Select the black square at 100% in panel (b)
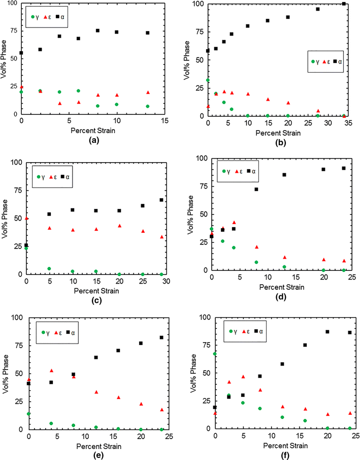[x=344, y=4]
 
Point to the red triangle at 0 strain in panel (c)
[x=26, y=218]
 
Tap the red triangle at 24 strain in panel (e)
[x=162, y=409]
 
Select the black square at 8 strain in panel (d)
[x=256, y=189]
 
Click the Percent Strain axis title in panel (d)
[x=277, y=287]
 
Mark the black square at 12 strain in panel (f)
[x=282, y=364]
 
